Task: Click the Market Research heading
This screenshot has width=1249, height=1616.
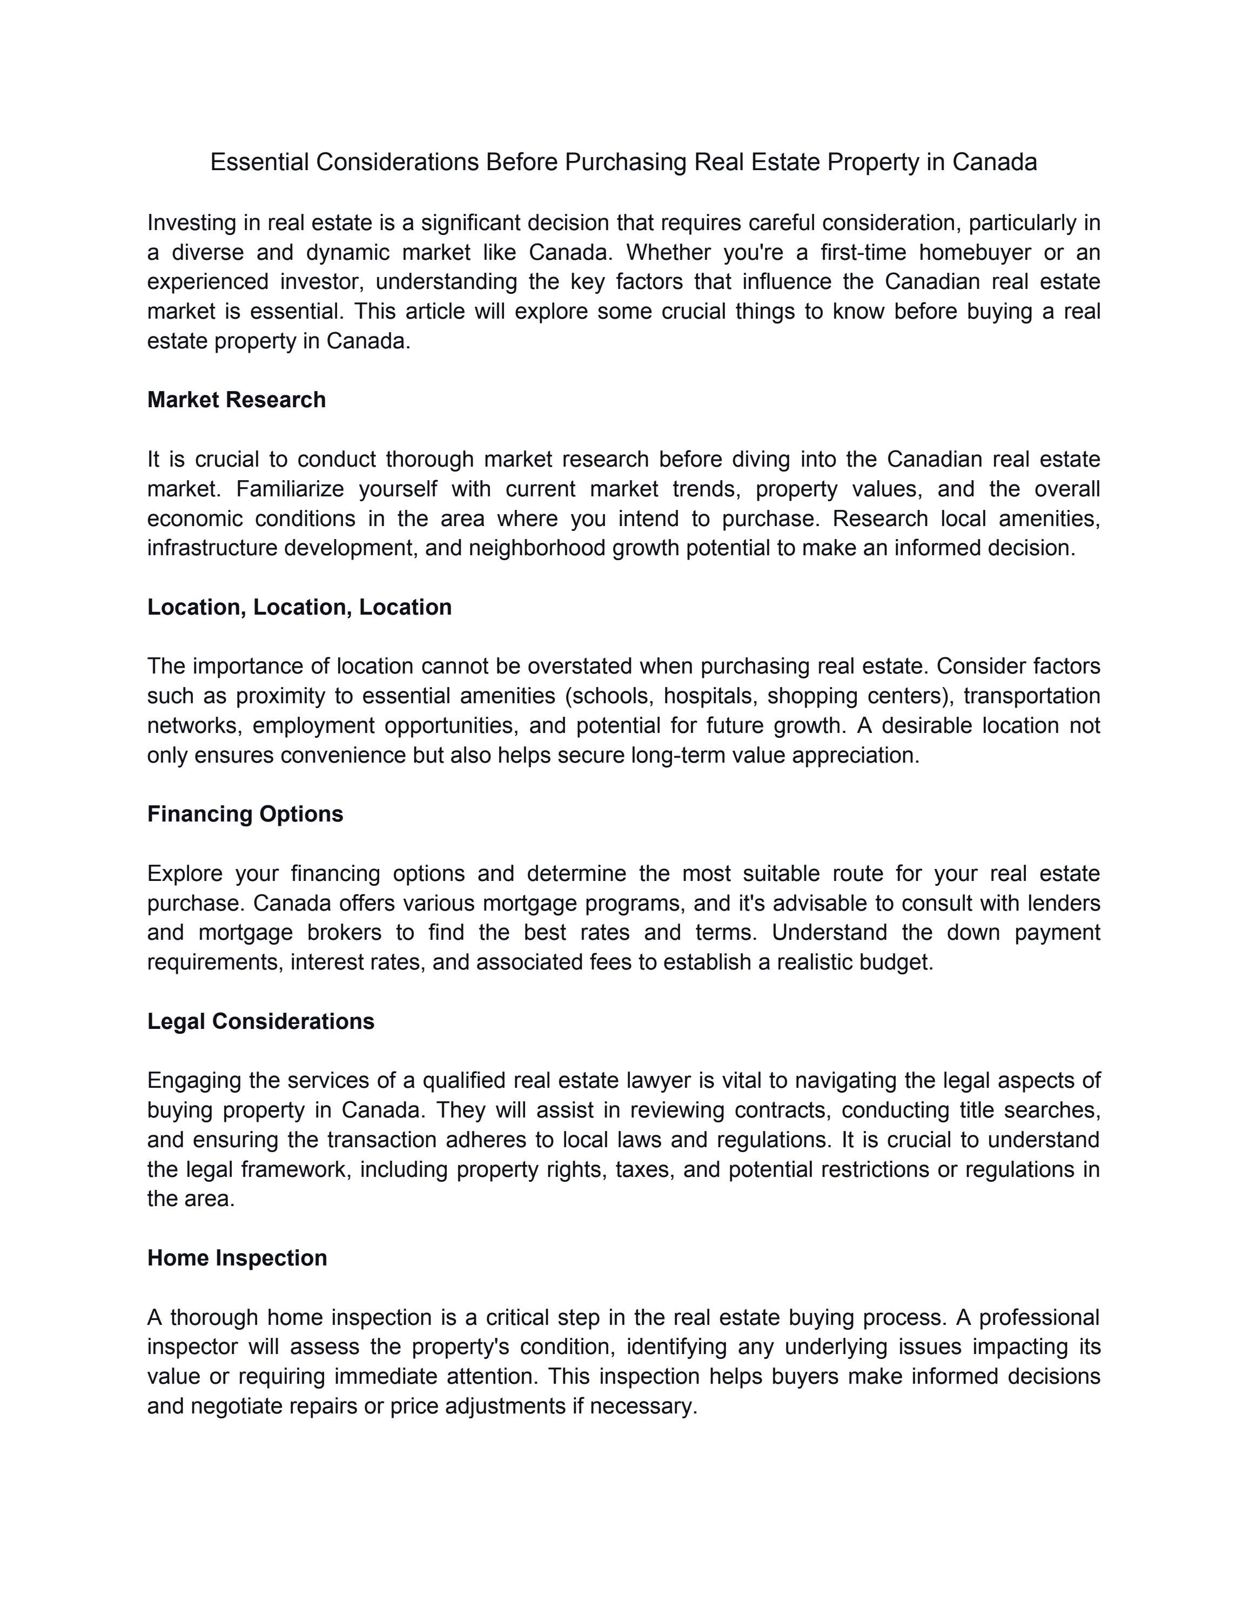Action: [236, 400]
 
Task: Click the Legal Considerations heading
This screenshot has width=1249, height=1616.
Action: [260, 1021]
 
